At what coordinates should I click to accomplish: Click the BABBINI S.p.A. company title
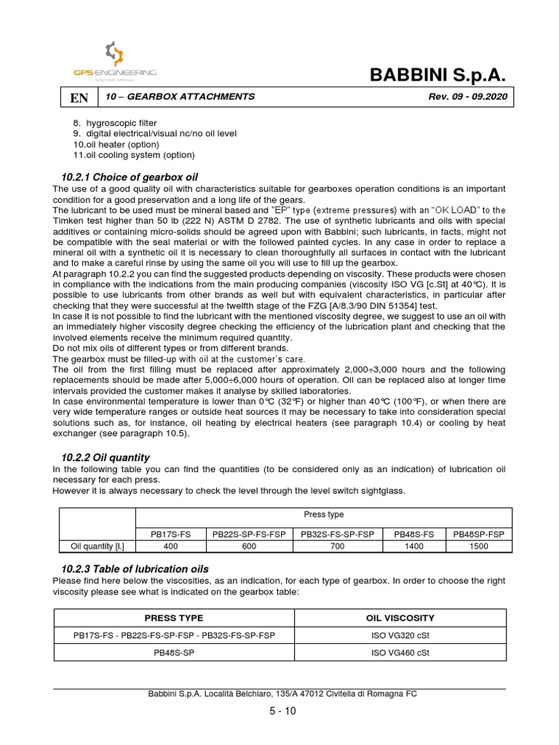pos(437,74)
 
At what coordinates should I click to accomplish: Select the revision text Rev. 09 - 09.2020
pos(461,97)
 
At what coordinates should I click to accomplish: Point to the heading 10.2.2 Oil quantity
pos(106,458)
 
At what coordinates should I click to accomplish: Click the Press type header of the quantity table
pos(325,515)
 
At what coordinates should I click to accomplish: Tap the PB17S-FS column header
pos(170,534)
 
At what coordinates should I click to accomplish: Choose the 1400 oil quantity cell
pos(413,546)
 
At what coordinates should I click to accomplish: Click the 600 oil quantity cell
pos(250,546)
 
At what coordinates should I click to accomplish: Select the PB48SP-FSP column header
pos(478,534)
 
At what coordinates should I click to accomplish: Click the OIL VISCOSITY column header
pos(400,618)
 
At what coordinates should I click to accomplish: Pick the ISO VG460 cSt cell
pos(400,653)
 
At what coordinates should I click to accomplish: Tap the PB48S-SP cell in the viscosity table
pos(174,653)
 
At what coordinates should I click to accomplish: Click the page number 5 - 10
pos(282,712)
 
